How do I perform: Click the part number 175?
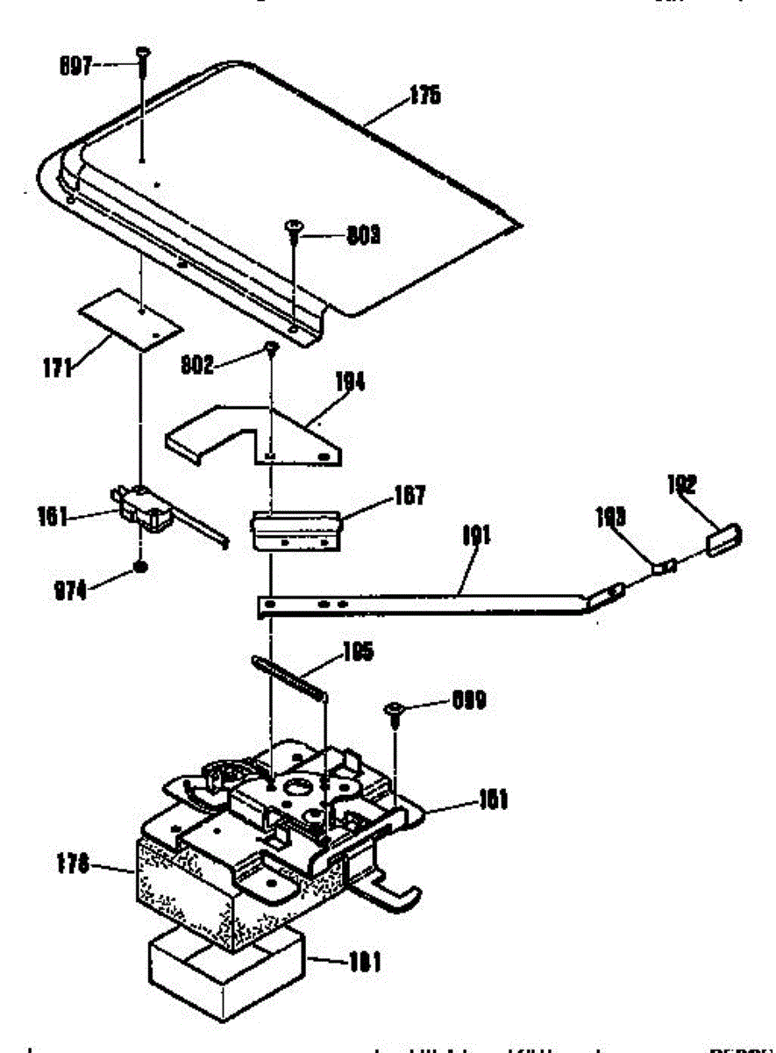coord(424,96)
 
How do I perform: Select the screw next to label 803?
coord(292,229)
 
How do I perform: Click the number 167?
coord(408,496)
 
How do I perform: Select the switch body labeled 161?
coord(140,510)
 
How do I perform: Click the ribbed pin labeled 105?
coord(289,677)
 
